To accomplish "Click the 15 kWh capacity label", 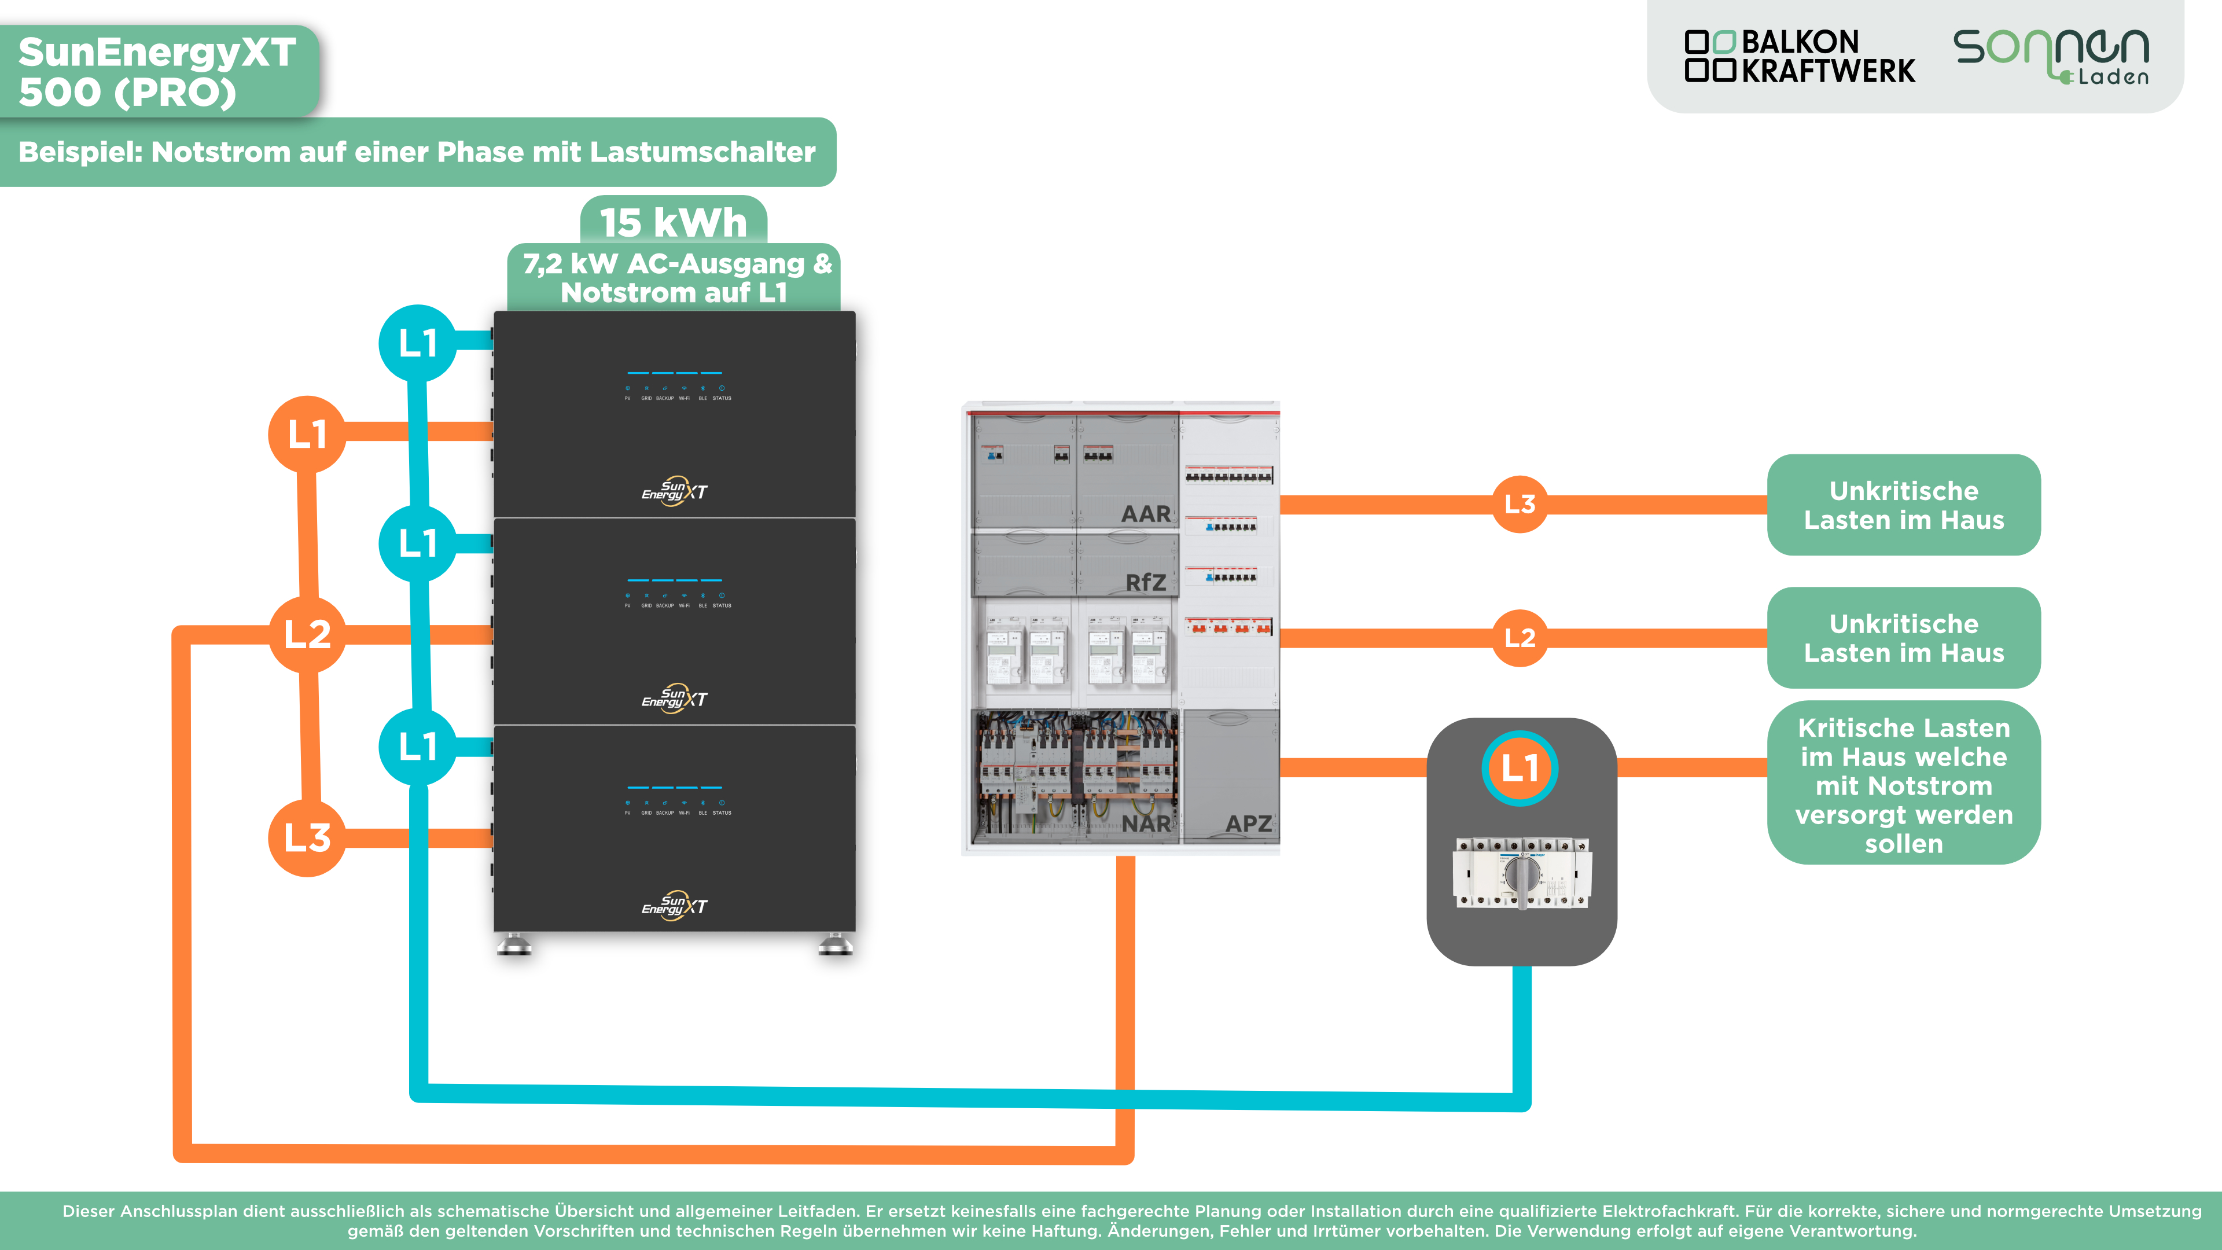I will pyautogui.click(x=673, y=223).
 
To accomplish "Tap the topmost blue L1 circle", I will pyautogui.click(x=417, y=343).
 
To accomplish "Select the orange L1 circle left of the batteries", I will pyautogui.click(x=307, y=434).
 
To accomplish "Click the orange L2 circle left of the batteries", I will pyautogui.click(x=307, y=635).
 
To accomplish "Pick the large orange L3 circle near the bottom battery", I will pyautogui.click(x=307, y=837).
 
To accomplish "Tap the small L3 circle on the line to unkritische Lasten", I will pyautogui.click(x=1520, y=504).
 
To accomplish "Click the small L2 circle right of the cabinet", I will pyautogui.click(x=1520, y=638).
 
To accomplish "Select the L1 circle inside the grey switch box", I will pyautogui.click(x=1520, y=768).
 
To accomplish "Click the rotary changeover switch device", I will pyautogui.click(x=1522, y=873).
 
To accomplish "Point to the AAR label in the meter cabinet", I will pyautogui.click(x=1146, y=514).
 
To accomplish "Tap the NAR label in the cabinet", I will pyautogui.click(x=1146, y=824).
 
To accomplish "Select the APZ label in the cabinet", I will pyautogui.click(x=1248, y=824).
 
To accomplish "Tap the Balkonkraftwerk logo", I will pyautogui.click(x=1800, y=57).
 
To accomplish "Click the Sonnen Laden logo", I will pyautogui.click(x=2051, y=57).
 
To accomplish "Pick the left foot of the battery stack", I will pyautogui.click(x=514, y=944).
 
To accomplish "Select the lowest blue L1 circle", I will pyautogui.click(x=417, y=746).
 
